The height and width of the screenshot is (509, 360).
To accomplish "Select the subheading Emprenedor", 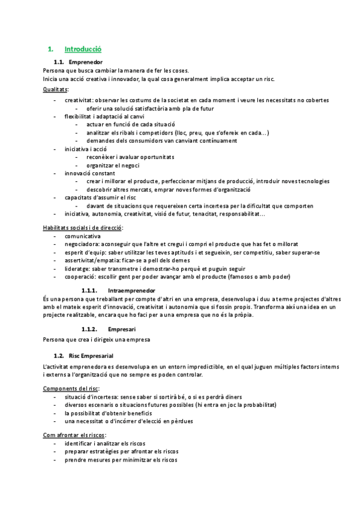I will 85,62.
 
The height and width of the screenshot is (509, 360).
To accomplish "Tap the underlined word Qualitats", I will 55,89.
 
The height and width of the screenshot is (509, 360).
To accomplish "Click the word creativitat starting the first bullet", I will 79,100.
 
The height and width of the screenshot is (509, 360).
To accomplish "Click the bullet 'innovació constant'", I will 89,173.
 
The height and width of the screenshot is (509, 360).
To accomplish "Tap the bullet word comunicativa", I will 83,236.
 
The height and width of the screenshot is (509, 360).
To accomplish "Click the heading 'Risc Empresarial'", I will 91,356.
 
